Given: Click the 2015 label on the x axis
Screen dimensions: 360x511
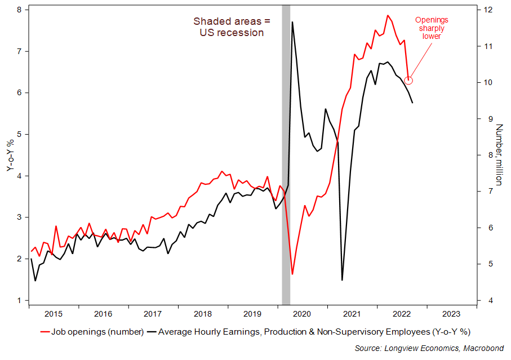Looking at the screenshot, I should click(54, 314).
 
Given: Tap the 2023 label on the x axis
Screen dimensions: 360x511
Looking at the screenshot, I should click(451, 314).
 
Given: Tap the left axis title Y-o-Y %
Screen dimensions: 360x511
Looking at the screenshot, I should click(10, 154).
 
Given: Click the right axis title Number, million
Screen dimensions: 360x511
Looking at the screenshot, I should click(499, 154).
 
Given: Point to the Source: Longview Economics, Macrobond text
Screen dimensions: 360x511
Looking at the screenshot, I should click(429, 348).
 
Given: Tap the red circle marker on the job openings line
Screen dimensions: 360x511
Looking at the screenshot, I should click(409, 81).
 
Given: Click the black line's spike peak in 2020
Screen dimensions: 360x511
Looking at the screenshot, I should click(292, 22).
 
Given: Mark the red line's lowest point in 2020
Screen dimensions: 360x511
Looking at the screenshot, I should click(292, 274).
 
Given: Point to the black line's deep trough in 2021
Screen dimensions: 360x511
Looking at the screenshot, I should click(342, 279).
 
